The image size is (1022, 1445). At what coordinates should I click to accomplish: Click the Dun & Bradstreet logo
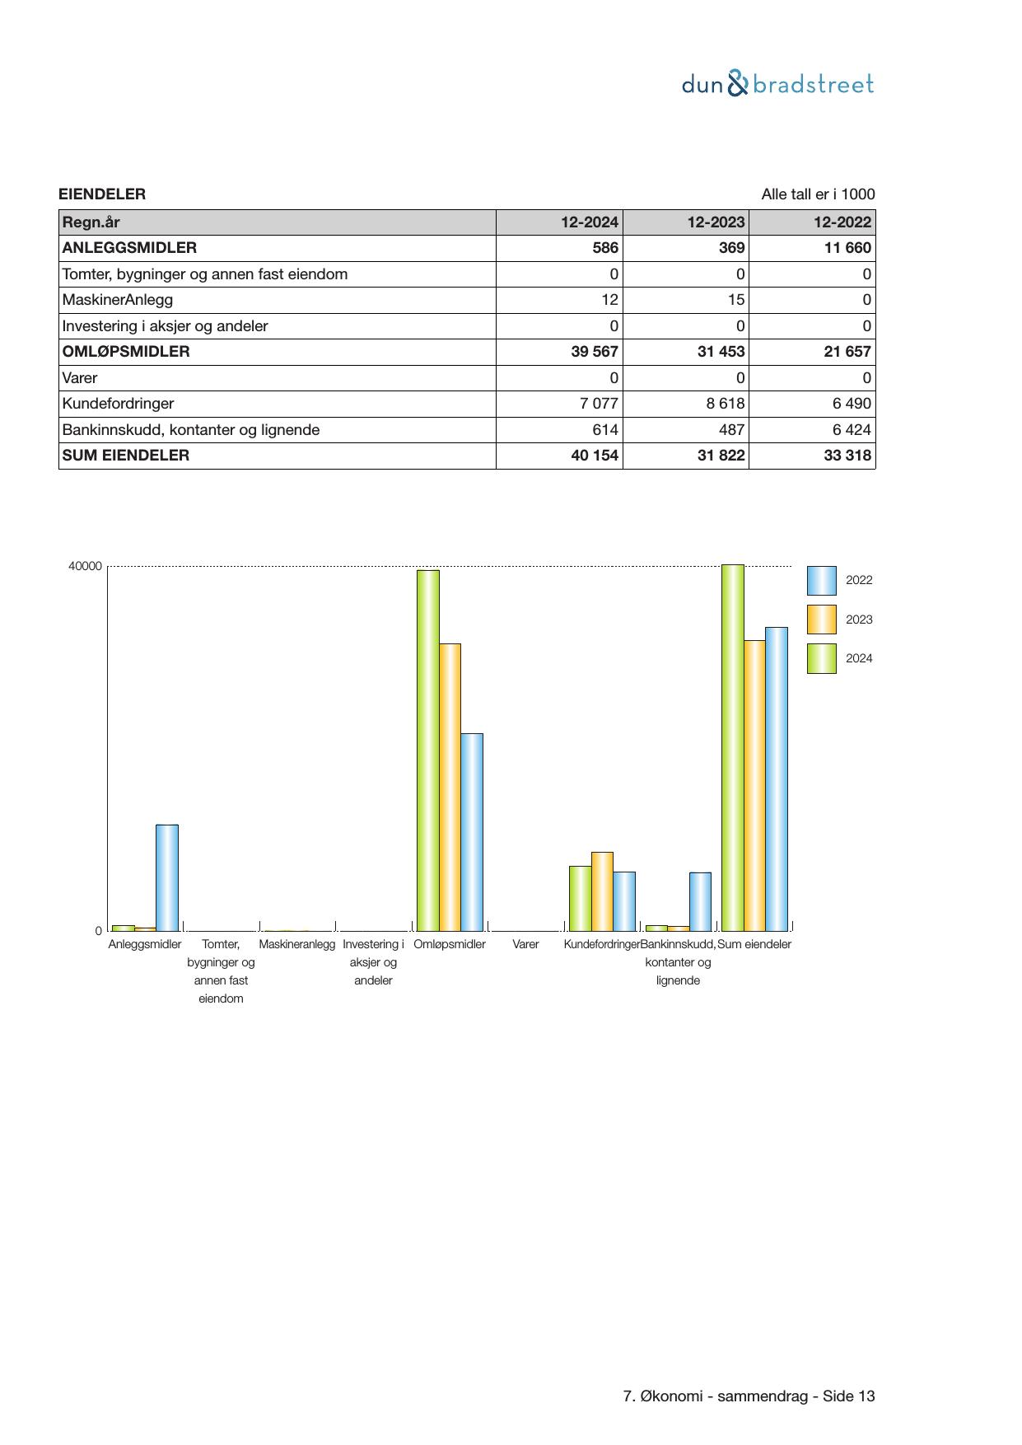pos(777,84)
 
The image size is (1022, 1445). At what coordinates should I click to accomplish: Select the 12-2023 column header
pos(716,222)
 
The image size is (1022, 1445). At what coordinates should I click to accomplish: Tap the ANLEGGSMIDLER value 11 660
pos(847,248)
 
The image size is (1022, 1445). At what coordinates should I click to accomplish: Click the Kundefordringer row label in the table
pos(119,404)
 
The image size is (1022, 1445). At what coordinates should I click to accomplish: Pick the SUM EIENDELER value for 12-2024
pos(595,456)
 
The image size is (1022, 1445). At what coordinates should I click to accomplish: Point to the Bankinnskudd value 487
pos(731,430)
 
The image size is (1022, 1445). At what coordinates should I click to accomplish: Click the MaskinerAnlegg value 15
pos(735,300)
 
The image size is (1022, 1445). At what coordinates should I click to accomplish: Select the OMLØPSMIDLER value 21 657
pos(847,352)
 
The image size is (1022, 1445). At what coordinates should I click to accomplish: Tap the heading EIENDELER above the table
pos(102,194)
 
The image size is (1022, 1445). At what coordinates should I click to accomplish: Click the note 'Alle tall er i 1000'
pos(818,194)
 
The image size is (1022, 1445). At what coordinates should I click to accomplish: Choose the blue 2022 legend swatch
pos(821,580)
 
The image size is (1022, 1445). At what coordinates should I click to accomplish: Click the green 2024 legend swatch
pos(821,658)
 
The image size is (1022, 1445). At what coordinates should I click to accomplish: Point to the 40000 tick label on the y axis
pos(86,566)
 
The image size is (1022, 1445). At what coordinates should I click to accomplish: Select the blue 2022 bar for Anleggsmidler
pos(167,877)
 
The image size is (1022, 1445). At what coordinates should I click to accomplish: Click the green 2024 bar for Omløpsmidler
pos(427,750)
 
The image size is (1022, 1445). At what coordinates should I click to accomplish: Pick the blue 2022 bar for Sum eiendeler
pos(777,779)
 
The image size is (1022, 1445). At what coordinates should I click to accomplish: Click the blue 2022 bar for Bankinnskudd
pos(700,901)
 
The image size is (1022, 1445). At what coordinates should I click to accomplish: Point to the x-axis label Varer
pos(525,944)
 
